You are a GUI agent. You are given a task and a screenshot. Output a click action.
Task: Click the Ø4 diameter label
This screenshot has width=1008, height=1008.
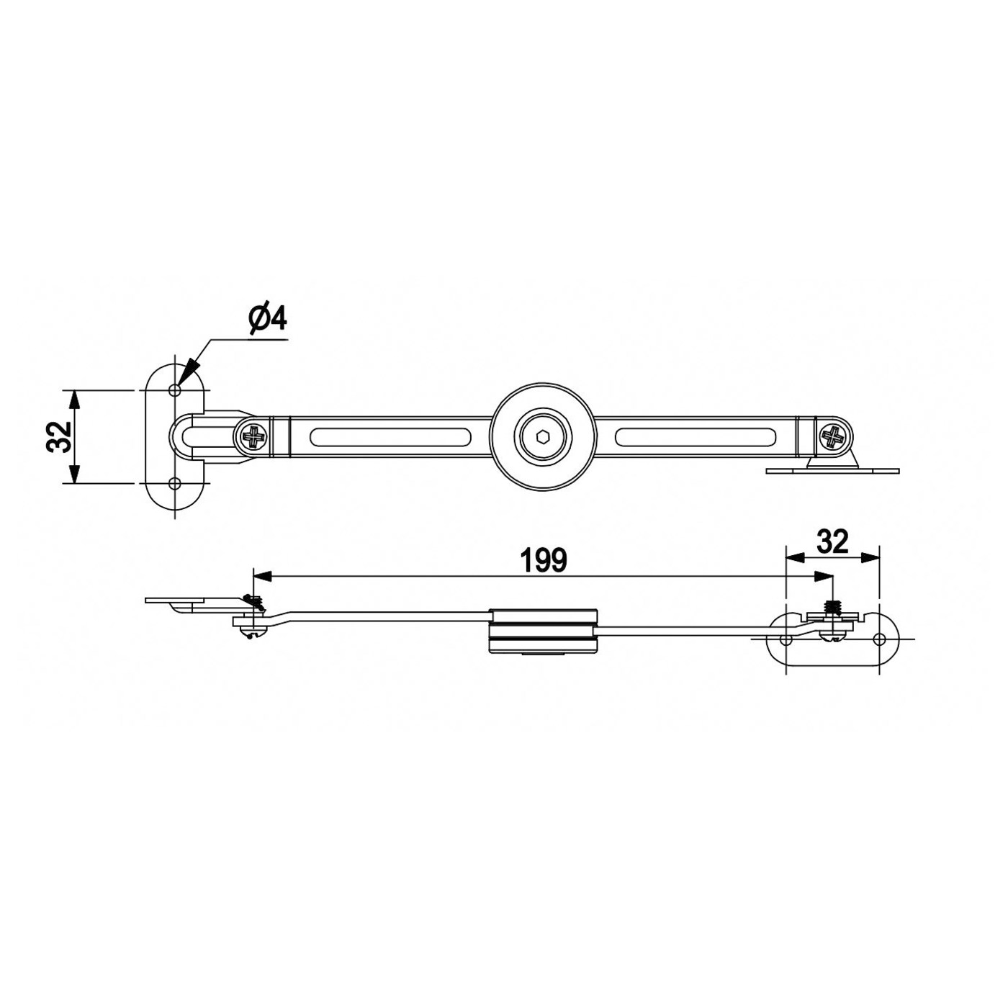click(267, 318)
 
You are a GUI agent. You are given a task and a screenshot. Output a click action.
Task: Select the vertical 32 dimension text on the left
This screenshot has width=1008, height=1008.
click(60, 436)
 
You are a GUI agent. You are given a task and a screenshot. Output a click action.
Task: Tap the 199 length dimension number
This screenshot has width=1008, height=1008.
click(543, 560)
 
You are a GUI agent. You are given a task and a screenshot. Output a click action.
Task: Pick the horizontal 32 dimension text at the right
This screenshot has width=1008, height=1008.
click(833, 541)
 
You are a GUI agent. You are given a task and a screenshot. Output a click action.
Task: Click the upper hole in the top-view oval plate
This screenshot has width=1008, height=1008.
click(174, 390)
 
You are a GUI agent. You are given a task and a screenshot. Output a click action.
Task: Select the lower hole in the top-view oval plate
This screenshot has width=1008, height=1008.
click(174, 483)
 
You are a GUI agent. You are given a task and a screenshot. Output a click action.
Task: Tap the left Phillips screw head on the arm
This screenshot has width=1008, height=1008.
click(253, 437)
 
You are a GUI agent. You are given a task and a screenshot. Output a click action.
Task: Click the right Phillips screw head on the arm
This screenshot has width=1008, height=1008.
click(834, 437)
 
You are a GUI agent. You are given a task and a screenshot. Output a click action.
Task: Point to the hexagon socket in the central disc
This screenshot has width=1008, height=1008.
click(542, 436)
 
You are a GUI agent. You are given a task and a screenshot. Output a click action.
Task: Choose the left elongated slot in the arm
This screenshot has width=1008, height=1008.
click(391, 437)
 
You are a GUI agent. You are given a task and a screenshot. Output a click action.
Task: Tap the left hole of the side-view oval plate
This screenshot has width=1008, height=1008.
click(786, 639)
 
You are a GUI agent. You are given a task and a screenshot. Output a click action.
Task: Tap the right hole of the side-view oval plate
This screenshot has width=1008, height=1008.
click(878, 639)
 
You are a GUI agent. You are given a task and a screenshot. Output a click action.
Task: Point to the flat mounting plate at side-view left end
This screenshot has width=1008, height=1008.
click(173, 600)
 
